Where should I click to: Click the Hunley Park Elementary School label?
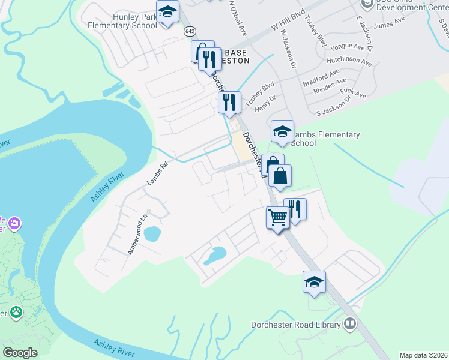coord(122,22)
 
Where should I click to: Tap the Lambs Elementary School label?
coord(325,139)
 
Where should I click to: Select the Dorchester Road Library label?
coord(295,325)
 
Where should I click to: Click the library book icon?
coord(349,325)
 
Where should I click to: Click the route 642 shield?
coord(190,31)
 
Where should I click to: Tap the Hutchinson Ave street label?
coord(349,61)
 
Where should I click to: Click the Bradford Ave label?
coord(322,77)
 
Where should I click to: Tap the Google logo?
coord(20,353)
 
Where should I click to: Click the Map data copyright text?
coord(423,355)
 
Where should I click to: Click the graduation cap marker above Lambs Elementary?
coord(282,131)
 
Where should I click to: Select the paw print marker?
coord(16,313)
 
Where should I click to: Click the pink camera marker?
coord(14,224)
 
